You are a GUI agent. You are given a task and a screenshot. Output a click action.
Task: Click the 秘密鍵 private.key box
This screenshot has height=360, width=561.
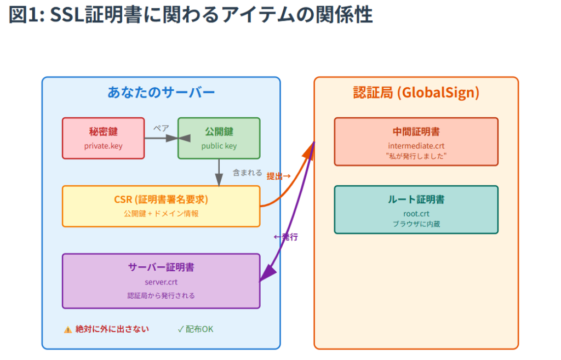(104, 138)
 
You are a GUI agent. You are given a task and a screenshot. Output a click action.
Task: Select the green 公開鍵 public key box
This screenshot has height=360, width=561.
(219, 138)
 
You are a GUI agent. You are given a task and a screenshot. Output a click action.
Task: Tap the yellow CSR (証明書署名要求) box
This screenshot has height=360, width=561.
(161, 206)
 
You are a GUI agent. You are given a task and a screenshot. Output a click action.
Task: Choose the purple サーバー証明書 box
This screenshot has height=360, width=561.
(161, 281)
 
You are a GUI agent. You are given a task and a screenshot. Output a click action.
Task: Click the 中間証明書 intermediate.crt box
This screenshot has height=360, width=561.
(416, 142)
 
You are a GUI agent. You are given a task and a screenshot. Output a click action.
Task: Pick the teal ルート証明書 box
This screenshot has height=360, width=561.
(416, 210)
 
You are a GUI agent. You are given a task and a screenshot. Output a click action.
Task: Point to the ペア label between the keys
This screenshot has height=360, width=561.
(161, 128)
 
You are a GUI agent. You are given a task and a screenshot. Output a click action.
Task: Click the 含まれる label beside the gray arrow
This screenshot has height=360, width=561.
(247, 173)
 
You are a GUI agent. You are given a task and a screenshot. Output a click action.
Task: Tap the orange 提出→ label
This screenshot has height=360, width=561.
(278, 176)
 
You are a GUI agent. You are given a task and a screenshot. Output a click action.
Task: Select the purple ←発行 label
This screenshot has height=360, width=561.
(285, 237)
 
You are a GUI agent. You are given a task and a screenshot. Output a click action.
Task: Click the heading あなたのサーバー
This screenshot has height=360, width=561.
(161, 92)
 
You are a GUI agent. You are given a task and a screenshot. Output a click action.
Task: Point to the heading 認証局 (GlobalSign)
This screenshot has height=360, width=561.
(416, 92)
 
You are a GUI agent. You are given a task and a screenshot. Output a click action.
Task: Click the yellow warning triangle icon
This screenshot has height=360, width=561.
(67, 329)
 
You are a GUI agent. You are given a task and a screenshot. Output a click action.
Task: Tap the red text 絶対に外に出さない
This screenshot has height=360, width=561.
(112, 329)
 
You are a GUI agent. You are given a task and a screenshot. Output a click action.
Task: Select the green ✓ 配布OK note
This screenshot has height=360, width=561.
(196, 329)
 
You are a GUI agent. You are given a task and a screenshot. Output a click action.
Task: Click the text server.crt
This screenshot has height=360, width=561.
(161, 282)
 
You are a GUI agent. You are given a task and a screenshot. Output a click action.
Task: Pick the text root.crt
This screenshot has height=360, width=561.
(416, 214)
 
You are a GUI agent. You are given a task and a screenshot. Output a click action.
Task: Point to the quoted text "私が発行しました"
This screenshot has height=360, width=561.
(416, 156)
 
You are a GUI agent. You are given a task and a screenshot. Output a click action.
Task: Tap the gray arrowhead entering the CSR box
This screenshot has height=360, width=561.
(219, 180)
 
